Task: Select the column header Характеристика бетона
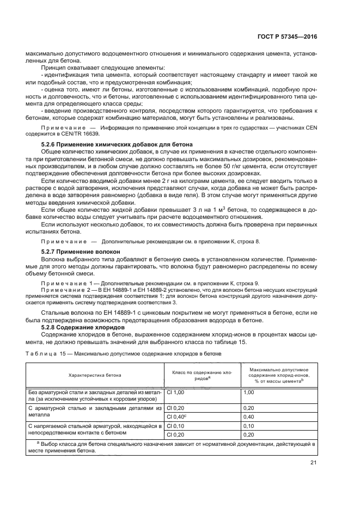(x=95, y=375)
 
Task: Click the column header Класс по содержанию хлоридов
(x=202, y=375)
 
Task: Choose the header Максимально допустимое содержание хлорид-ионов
(x=279, y=375)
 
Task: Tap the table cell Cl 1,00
(x=176, y=392)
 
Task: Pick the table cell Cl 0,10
(x=176, y=426)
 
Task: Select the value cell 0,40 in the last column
(x=249, y=416)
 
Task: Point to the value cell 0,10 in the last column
(x=249, y=426)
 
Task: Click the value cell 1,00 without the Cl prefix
(x=249, y=392)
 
